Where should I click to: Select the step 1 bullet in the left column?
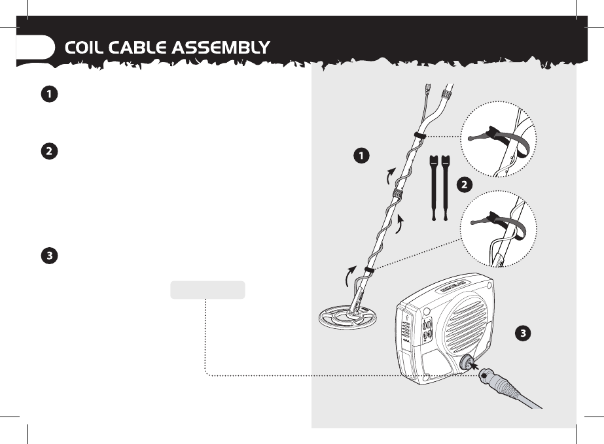point(48,95)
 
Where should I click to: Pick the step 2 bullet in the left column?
point(48,151)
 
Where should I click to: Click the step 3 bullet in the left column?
point(48,256)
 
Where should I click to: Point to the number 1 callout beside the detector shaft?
point(359,155)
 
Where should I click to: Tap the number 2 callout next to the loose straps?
point(463,184)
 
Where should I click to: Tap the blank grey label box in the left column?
point(207,290)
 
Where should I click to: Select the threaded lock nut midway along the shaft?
point(396,196)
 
